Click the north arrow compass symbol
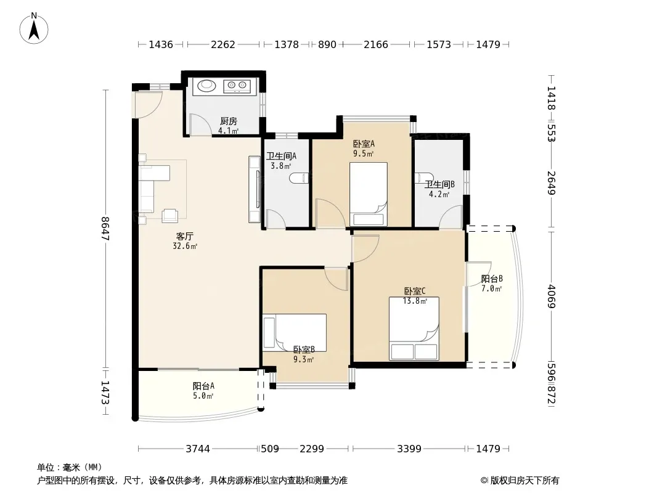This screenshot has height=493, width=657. [34, 28]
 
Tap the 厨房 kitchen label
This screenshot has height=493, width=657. [229, 121]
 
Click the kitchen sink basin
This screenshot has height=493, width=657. [206, 86]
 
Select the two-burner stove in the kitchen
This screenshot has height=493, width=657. [237, 86]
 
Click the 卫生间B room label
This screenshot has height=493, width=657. [439, 184]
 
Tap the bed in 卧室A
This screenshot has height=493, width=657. [369, 194]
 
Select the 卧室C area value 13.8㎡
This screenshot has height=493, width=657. [415, 301]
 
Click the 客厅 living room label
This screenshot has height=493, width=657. [185, 236]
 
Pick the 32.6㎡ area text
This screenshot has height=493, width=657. [185, 246]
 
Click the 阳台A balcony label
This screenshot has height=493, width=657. [203, 386]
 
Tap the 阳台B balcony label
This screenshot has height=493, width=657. [491, 279]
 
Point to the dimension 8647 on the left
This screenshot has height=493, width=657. [105, 228]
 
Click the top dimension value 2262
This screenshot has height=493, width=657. [223, 44]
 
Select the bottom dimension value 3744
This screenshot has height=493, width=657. [198, 449]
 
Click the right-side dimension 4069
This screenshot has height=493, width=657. [551, 296]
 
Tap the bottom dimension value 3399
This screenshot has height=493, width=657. [409, 449]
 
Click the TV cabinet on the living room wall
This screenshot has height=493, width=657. [255, 189]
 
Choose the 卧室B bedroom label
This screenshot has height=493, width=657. [304, 349]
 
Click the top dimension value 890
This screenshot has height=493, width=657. [327, 44]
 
